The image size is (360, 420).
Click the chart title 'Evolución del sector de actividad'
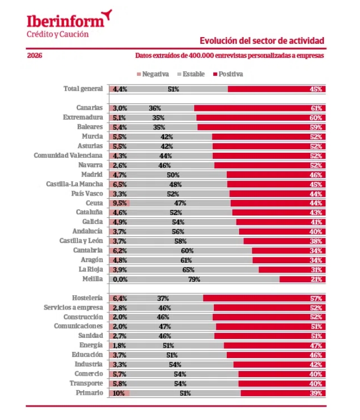pyautogui.click(x=262, y=41)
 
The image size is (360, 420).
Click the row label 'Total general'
pyautogui.click(x=83, y=89)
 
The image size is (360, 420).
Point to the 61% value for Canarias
pyautogui.click(x=317, y=108)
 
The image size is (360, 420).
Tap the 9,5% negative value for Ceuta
pyautogui.click(x=120, y=203)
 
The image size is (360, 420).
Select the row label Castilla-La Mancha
pyautogui.click(x=74, y=184)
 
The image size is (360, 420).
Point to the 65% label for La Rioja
pyautogui.click(x=189, y=270)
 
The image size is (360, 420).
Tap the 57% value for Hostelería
pyautogui.click(x=317, y=298)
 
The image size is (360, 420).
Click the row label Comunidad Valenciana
pyautogui.click(x=68, y=155)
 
